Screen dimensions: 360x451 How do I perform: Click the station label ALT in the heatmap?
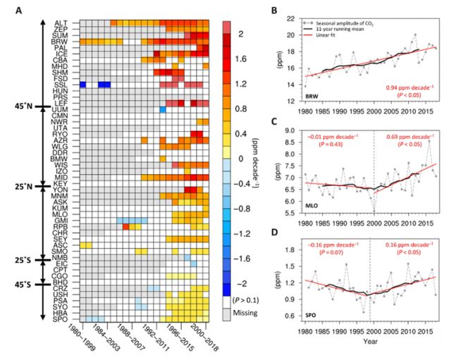[61, 22]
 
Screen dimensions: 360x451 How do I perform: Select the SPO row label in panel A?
[61, 318]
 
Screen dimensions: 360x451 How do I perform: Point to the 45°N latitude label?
[23, 106]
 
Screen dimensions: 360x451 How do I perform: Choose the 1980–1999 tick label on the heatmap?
[85, 341]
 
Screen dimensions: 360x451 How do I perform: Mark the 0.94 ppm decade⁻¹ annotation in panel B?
[408, 87]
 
